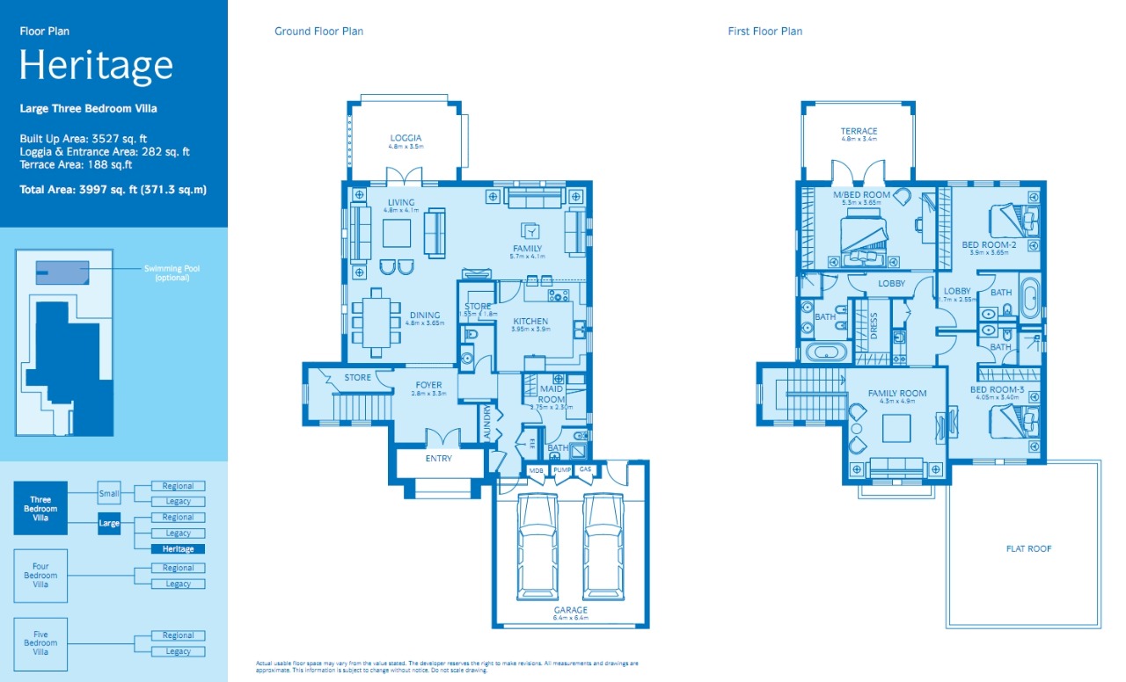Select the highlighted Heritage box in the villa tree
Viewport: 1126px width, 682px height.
[178, 549]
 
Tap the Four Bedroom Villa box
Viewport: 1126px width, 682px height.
[40, 576]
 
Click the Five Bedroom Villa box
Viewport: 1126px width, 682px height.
[40, 643]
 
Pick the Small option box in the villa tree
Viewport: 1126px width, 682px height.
[109, 494]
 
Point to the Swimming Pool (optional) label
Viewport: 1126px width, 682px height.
[172, 272]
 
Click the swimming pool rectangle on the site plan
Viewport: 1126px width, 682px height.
[62, 272]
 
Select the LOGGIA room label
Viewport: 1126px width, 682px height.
[406, 138]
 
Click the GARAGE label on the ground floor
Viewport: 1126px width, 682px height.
[570, 610]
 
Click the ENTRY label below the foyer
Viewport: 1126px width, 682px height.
[438, 459]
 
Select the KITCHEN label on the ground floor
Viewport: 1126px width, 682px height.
[530, 322]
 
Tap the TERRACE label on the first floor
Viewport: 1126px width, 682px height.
[859, 132]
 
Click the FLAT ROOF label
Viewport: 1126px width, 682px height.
[1028, 548]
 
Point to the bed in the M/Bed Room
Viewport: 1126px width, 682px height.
[862, 239]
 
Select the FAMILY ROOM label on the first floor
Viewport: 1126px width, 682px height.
[897, 394]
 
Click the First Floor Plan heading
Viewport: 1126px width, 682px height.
[764, 32]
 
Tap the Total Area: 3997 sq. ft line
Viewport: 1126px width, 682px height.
[113, 189]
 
